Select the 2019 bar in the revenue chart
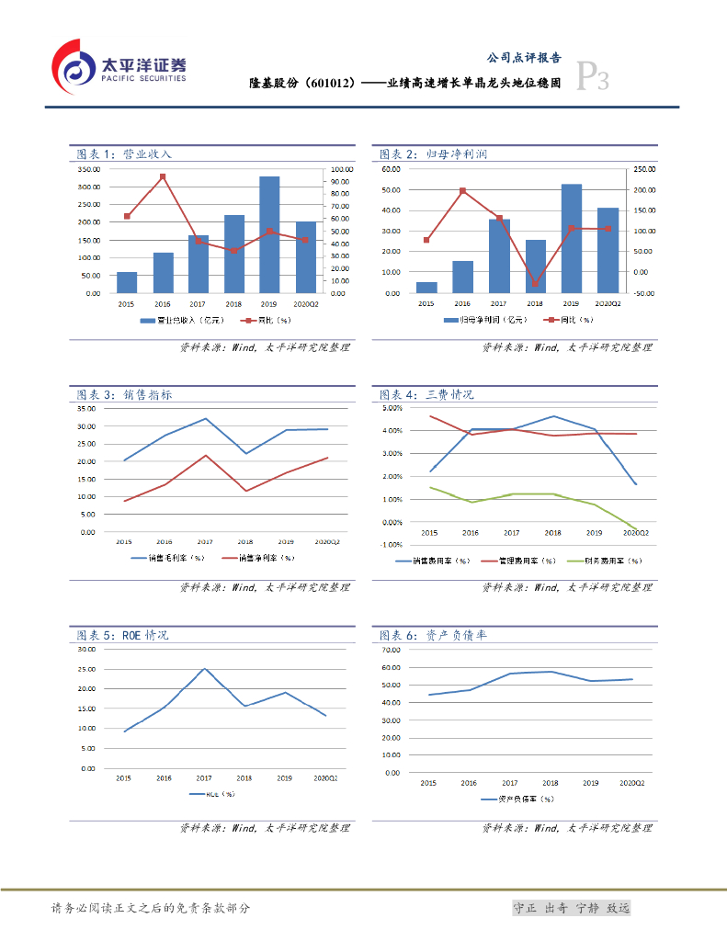[269, 234]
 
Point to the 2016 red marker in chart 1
[163, 176]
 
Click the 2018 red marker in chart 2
[535, 284]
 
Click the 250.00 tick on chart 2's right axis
[642, 170]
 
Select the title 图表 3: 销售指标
[124, 395]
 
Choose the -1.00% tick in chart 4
[391, 545]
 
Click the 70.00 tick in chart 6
[390, 650]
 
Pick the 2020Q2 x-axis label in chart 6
[632, 783]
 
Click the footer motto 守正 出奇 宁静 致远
[571, 908]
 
